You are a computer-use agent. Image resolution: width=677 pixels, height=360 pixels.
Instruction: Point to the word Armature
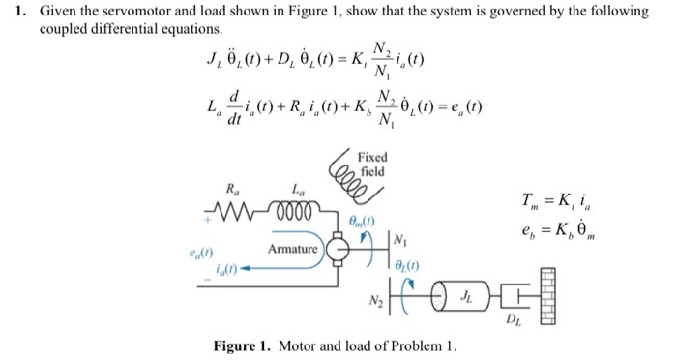pyautogui.click(x=294, y=250)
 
